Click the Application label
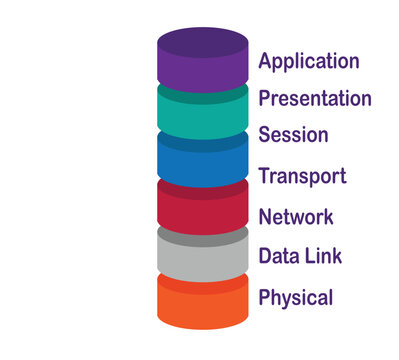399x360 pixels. click(308, 61)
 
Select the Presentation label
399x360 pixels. click(314, 98)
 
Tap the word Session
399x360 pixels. click(293, 135)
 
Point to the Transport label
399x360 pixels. click(302, 177)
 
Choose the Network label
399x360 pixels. click(295, 216)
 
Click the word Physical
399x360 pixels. click(295, 297)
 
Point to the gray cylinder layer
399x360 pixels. click(202, 252)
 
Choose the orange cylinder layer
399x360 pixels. click(202, 303)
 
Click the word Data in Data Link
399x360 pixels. click(277, 256)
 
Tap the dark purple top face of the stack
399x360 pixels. click(202, 43)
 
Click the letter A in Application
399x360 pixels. click(265, 60)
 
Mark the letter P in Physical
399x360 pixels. click(264, 297)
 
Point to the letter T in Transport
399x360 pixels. click(264, 176)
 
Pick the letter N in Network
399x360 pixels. click(265, 216)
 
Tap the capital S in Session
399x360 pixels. click(264, 135)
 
